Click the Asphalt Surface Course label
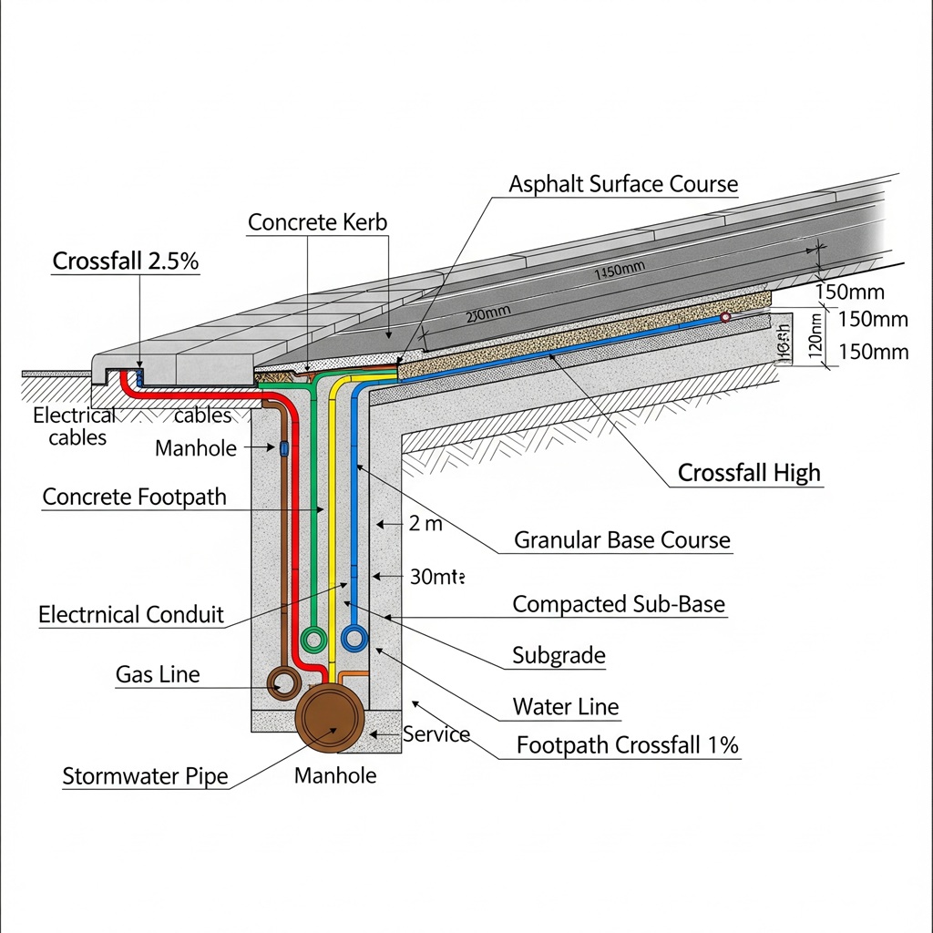[x=623, y=183]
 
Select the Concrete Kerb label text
[x=317, y=221]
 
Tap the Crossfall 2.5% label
[x=126, y=261]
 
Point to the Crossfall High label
[x=749, y=473]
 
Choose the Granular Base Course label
[x=622, y=539]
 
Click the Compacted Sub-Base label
[x=619, y=604]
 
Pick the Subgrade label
[x=559, y=655]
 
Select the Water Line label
[x=565, y=706]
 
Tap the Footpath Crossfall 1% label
[x=627, y=744]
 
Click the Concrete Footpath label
[x=134, y=497]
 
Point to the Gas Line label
[x=158, y=674]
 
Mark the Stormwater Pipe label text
[x=145, y=777]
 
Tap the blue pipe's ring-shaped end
[x=354, y=638]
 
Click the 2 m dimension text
[x=425, y=524]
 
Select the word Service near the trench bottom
[x=436, y=733]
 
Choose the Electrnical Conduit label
[x=130, y=615]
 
